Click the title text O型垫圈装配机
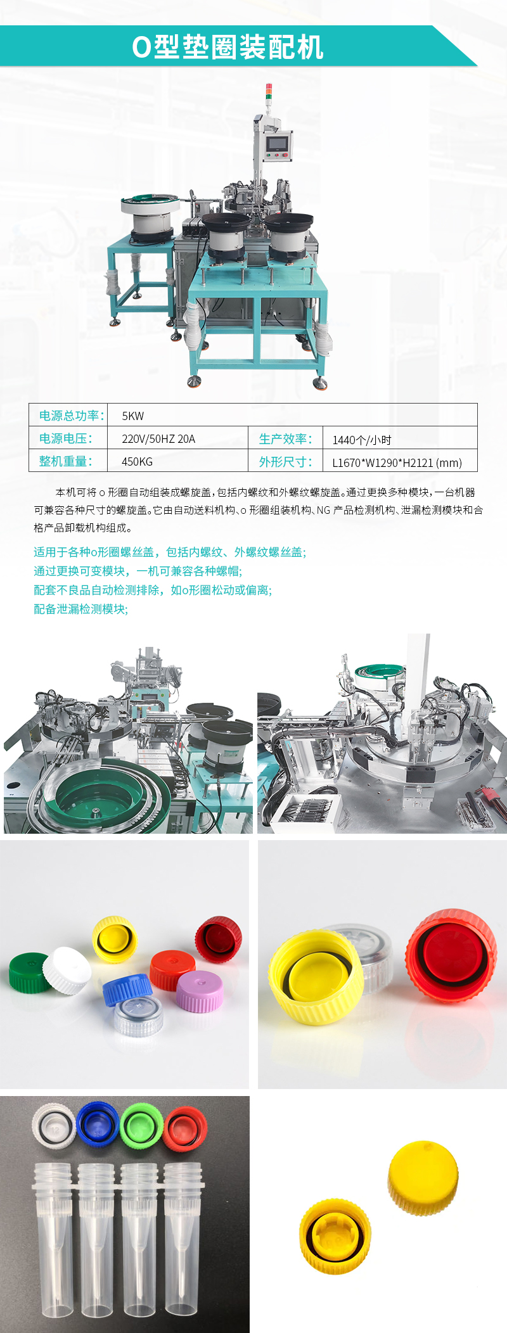[x=228, y=47]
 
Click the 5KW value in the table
[x=133, y=416]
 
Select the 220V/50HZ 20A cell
[x=158, y=439]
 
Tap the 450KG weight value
[x=137, y=462]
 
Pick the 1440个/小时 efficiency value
[x=362, y=440]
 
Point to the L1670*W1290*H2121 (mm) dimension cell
[x=397, y=462]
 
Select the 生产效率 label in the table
[x=285, y=439]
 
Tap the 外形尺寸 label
[x=285, y=462]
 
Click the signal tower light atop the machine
[x=267, y=92]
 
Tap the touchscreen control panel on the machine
[x=277, y=145]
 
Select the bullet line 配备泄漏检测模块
[x=80, y=609]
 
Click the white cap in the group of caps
[x=67, y=970]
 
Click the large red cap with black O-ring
[x=452, y=957]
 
